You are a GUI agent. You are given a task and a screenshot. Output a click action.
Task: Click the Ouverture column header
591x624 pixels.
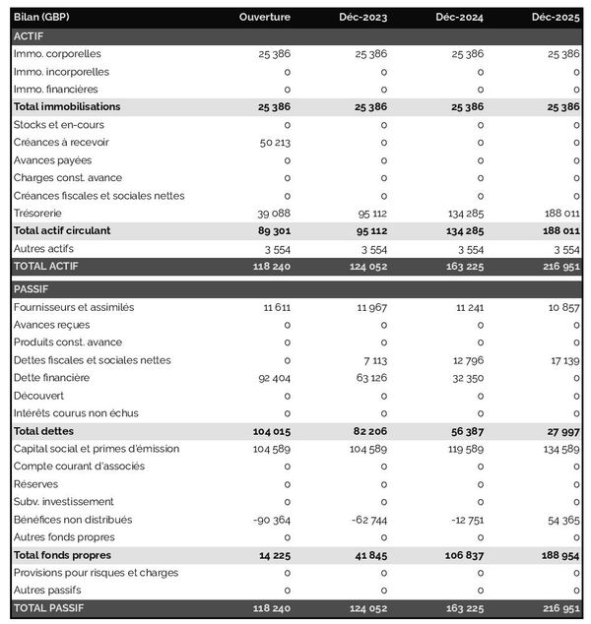click(264, 18)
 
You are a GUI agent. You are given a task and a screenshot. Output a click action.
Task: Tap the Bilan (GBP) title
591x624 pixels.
click(42, 18)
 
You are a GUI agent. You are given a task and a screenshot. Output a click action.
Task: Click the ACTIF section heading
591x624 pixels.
click(29, 35)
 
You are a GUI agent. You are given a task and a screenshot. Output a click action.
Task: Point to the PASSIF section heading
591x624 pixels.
click(31, 289)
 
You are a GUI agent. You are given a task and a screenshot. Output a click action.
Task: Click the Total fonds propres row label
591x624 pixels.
click(61, 555)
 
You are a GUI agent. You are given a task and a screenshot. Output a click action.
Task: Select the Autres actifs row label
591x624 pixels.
click(43, 248)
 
